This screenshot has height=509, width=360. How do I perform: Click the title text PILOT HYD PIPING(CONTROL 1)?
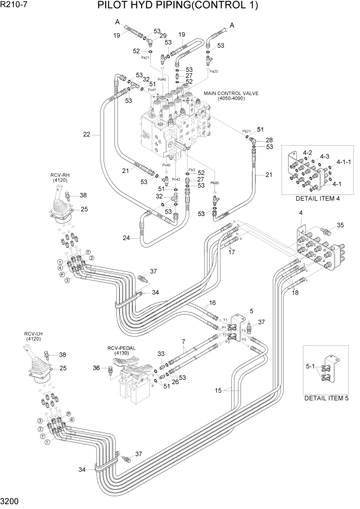(x=177, y=6)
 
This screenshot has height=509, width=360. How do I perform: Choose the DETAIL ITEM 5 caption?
(x=327, y=398)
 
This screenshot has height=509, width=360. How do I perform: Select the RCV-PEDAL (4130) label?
(x=122, y=350)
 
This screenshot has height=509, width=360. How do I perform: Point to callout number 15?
(x=218, y=391)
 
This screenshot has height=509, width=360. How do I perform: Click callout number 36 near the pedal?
(x=96, y=367)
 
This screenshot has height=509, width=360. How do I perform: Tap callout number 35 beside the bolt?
(x=339, y=225)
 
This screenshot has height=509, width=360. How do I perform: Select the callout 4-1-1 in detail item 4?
(x=344, y=162)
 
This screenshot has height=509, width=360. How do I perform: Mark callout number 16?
(x=198, y=303)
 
